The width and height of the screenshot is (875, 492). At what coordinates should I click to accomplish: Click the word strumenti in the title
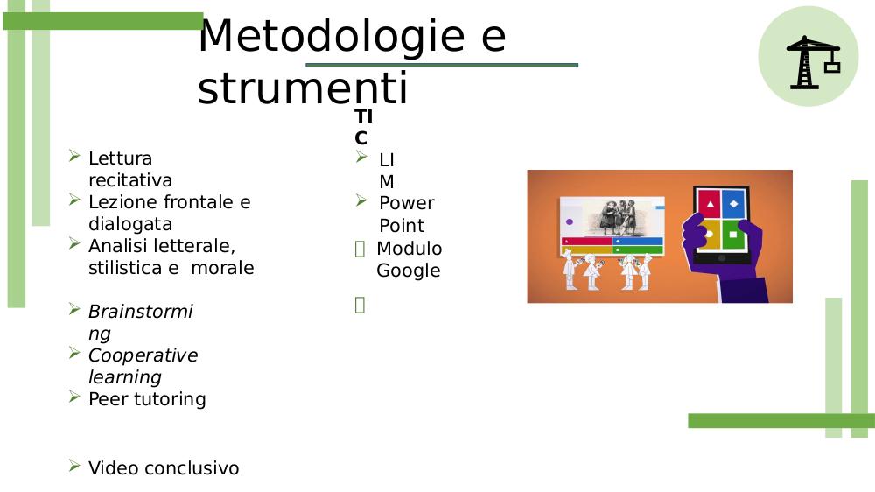(x=303, y=88)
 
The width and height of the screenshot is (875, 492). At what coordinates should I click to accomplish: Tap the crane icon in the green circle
(x=813, y=62)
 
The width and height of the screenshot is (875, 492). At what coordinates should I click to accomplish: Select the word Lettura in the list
(x=120, y=158)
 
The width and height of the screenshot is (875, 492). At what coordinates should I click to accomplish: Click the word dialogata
(x=130, y=224)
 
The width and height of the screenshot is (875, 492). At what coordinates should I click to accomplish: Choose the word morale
(x=222, y=268)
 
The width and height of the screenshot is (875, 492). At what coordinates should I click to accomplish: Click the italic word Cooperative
(x=143, y=355)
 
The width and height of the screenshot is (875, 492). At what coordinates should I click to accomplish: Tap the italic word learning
(x=125, y=377)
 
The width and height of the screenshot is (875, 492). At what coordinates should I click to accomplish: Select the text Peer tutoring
(x=147, y=398)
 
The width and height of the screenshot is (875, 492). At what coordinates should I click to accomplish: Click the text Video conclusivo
(x=164, y=468)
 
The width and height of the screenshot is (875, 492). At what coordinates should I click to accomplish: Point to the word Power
(x=406, y=203)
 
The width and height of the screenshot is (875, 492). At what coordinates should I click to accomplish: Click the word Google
(x=409, y=271)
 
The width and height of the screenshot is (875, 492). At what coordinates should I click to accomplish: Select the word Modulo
(x=409, y=248)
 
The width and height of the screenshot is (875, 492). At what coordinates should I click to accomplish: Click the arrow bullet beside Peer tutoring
(x=74, y=397)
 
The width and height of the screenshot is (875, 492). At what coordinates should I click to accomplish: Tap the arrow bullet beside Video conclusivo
(x=74, y=465)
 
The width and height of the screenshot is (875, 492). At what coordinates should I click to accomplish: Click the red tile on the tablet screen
(x=709, y=204)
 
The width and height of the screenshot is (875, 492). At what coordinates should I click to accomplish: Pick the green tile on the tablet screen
(x=733, y=235)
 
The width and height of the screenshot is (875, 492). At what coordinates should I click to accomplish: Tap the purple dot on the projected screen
(x=570, y=221)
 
